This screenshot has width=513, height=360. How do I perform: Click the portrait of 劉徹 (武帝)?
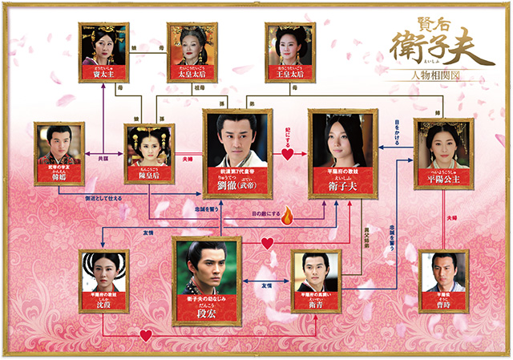pyautogui.click(x=235, y=140)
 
